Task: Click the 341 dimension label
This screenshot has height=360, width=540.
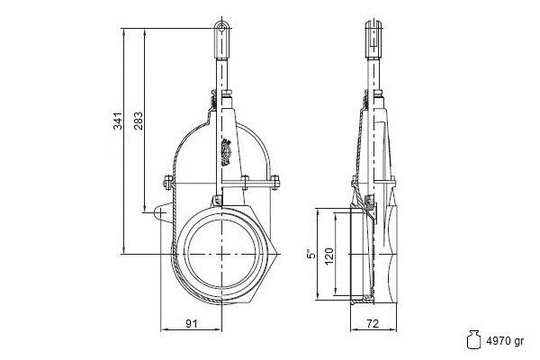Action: [118, 121]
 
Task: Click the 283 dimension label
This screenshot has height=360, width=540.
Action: [139, 121]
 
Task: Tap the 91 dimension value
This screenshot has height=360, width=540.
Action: [192, 323]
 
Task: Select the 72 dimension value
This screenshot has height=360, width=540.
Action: [373, 323]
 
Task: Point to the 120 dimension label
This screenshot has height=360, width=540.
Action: [329, 256]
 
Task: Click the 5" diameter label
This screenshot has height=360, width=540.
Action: [311, 254]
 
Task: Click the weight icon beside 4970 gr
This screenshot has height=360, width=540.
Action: [473, 339]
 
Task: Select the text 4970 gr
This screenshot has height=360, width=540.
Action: [505, 341]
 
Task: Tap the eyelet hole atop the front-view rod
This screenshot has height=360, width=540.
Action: [222, 27]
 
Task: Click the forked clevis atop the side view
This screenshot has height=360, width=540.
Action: [373, 39]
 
